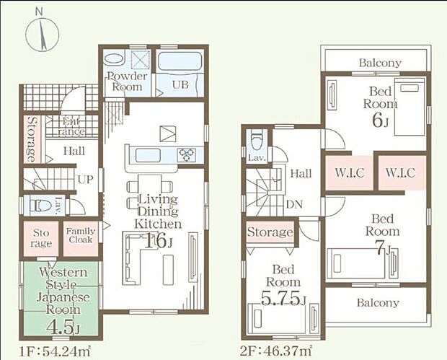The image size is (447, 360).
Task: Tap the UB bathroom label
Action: tap(180, 84)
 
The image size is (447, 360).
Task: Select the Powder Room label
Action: tap(127, 82)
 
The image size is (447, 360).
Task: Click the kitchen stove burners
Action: tap(187, 155)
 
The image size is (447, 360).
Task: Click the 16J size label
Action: tap(158, 241)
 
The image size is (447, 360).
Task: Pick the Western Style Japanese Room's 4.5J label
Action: tap(63, 328)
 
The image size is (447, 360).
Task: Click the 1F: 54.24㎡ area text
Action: tap(55, 351)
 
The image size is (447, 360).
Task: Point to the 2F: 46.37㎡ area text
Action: tap(275, 351)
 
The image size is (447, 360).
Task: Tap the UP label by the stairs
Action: tap(86, 180)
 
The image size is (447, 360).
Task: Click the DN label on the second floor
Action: tap(294, 204)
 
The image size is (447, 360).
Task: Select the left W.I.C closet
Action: tap(349, 172)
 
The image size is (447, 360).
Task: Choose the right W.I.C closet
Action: tap(402, 172)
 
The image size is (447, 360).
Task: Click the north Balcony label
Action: tap(380, 63)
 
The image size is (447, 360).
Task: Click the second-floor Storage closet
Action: tap(270, 232)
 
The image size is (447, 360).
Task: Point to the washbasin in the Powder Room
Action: tap(114, 59)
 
